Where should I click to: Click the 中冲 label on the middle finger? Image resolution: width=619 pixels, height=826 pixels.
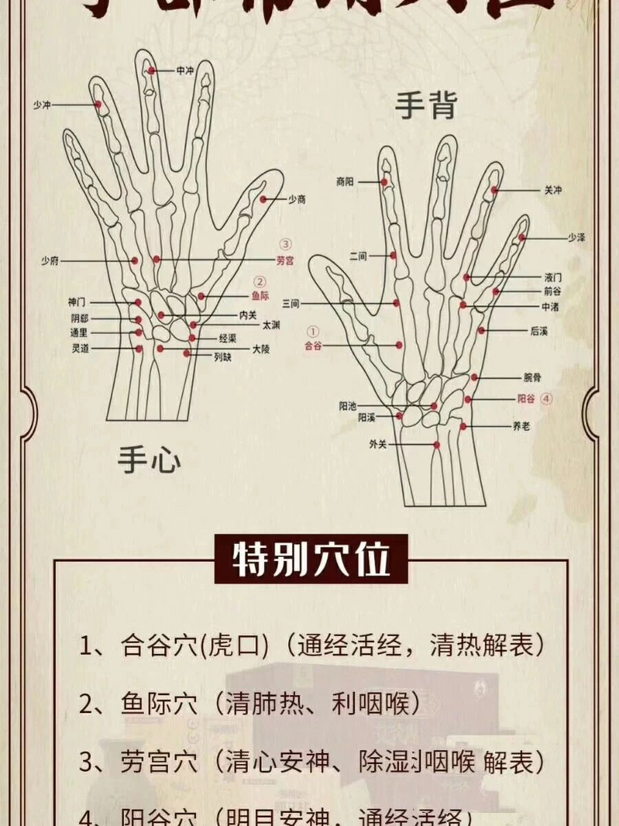pos(184,71)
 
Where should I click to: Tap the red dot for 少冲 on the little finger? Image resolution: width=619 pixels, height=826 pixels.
pos(99,103)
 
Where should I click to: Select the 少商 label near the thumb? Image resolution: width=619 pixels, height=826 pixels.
pos(297,200)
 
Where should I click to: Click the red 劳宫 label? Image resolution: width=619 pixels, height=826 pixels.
pos(285,261)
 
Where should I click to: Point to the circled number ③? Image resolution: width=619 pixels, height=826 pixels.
pos(285,245)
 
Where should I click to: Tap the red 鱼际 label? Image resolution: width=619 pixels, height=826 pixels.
pos(260,296)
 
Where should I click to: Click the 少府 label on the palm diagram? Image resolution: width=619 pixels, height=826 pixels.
pos(50,261)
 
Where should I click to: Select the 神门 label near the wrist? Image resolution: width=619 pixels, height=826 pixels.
pos(77,302)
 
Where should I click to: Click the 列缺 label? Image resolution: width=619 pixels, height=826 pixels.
pos(222,356)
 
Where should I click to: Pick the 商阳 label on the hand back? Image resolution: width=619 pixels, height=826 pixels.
pos(345,183)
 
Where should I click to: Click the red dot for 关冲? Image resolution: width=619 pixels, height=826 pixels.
pos(495,190)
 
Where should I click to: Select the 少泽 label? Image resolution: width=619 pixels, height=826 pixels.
pos(576,238)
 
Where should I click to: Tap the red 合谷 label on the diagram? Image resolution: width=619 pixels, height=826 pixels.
pos(313,346)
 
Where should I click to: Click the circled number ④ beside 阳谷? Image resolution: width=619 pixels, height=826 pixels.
pos(546,399)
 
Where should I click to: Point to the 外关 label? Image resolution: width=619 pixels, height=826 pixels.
pos(378,445)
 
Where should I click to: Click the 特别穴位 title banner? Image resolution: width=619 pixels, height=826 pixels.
pos(311,559)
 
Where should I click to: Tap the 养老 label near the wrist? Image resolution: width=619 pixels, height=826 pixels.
pos(520,426)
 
